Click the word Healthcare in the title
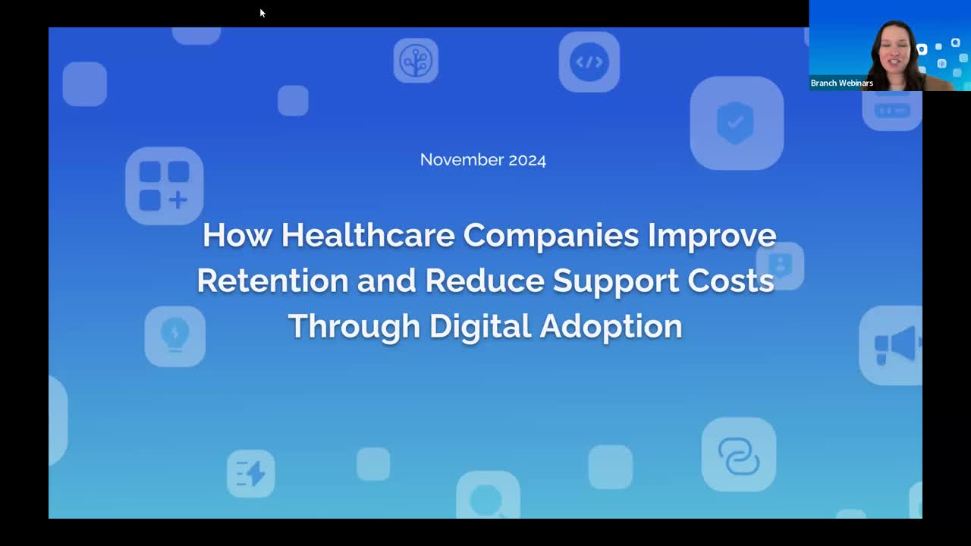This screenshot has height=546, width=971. pos(368,235)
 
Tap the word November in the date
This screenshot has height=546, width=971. pos(462,160)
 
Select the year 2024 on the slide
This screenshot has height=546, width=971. pos(527,160)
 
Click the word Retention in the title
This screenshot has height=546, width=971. pos(272,281)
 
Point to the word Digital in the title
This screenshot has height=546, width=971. pos(480,326)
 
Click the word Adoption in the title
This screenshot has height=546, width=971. pos(611,327)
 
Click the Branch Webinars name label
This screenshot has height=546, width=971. pos(842,83)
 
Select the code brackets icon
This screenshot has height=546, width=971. pos(589,62)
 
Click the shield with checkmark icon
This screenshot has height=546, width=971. pos(737,123)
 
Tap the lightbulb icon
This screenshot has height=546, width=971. pos(175,337)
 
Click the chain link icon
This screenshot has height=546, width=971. pos(739,455)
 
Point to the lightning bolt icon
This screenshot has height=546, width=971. pos(250,473)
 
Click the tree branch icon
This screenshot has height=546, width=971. pos(416,61)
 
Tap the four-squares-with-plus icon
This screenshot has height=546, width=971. pos(165,186)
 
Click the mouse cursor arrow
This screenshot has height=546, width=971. pos(262,13)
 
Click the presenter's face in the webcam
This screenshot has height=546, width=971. pos(894,56)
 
